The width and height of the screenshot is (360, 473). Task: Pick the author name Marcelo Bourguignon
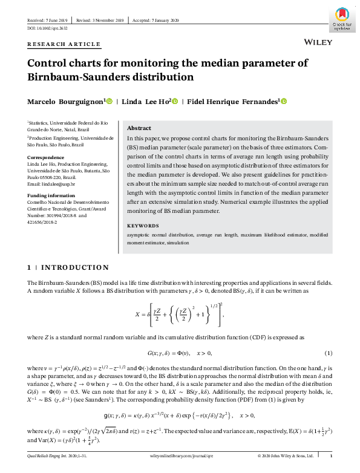(66, 102)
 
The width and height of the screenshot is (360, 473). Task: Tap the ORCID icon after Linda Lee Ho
(175, 102)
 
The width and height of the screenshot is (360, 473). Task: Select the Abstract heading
(139, 128)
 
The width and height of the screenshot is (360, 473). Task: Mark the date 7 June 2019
(54, 21)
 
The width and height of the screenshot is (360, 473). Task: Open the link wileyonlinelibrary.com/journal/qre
(180, 455)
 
